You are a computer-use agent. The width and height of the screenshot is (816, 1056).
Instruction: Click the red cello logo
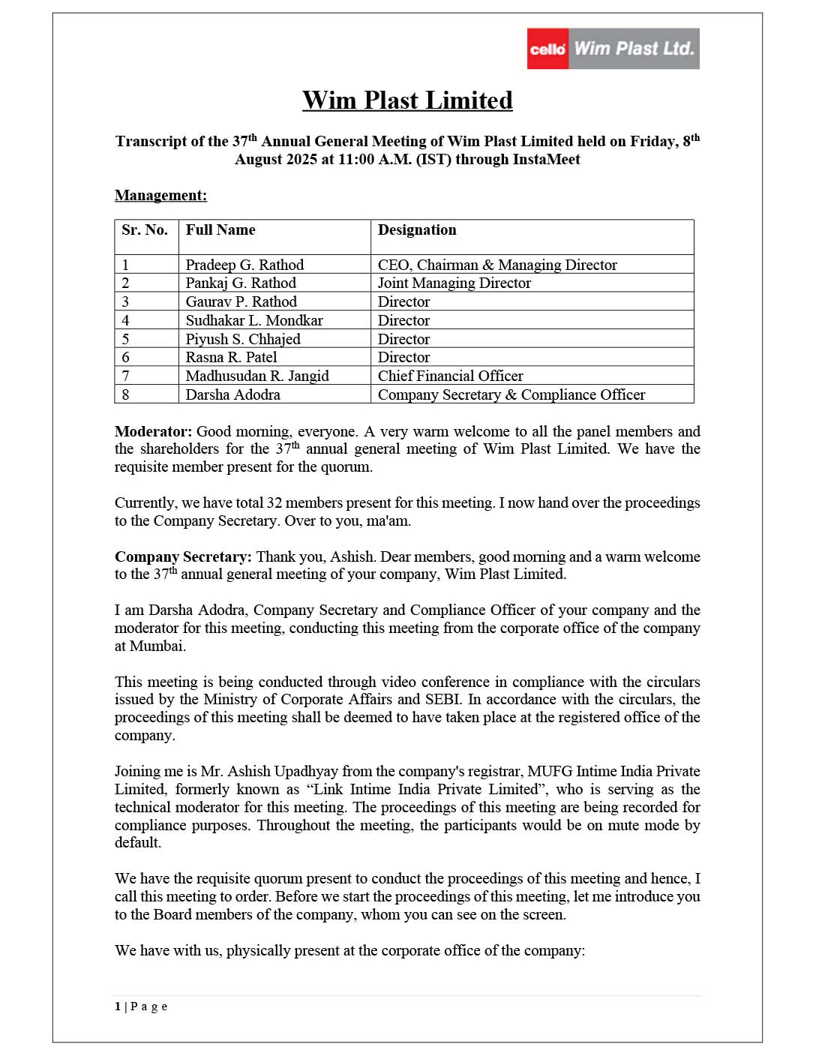pos(547,49)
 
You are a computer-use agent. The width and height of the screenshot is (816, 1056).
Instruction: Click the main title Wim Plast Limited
pos(407,100)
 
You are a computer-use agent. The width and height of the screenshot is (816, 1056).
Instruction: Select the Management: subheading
pos(160,196)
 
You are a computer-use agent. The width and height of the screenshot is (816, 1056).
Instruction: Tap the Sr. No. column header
pos(145,230)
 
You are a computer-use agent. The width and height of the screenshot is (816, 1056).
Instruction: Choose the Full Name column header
pos(220,230)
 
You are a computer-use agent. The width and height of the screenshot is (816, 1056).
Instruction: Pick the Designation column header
pos(417,230)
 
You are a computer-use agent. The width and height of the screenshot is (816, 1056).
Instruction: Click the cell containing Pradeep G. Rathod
pos(244,265)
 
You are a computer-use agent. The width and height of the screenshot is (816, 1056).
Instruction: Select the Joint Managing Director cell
pos(454,283)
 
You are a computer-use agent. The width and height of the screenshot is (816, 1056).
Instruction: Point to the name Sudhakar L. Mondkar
pos(254,320)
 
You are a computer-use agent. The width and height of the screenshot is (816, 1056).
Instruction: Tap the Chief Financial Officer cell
pos(450,376)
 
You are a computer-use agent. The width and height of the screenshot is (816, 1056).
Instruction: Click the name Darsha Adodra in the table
pos(232,394)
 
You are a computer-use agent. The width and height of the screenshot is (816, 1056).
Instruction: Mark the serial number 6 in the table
pos(125,358)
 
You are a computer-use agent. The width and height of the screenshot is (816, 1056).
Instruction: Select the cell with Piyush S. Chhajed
pos(243,339)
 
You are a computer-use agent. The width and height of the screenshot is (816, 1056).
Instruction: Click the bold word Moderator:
pos(153,431)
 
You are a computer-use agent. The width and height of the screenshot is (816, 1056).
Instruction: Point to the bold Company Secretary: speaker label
pos(183,556)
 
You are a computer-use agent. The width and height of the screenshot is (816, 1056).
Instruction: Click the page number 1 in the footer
pos(118,1006)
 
